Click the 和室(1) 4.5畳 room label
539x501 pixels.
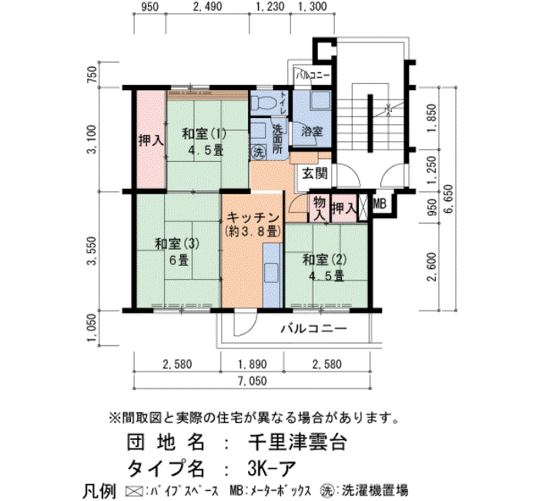click(x=204, y=141)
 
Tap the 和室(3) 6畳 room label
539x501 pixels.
click(x=177, y=251)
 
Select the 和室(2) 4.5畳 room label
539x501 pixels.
click(x=324, y=267)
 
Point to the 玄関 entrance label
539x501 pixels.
click(x=314, y=173)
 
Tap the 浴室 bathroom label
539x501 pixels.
click(x=312, y=131)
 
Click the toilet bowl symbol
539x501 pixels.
click(x=263, y=103)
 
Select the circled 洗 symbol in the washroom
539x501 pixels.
click(x=258, y=152)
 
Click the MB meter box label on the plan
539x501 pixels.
click(x=380, y=204)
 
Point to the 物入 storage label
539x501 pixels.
click(x=320, y=209)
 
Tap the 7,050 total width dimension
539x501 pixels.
click(x=253, y=381)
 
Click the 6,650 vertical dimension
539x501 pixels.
click(x=449, y=199)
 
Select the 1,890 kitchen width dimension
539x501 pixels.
click(x=253, y=364)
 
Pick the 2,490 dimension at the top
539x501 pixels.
click(x=208, y=6)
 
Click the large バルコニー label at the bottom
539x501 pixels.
click(x=314, y=328)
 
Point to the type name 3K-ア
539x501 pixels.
click(x=271, y=468)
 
